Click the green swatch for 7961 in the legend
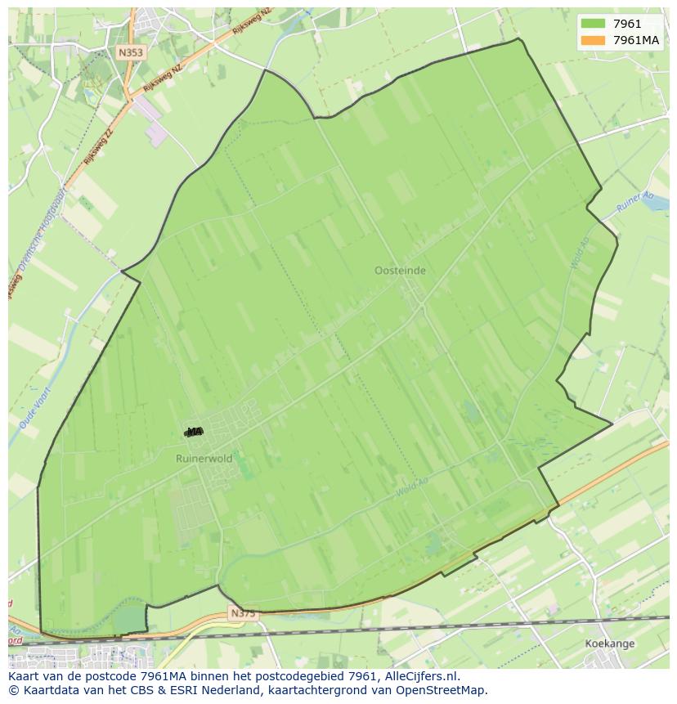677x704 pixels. click(x=593, y=24)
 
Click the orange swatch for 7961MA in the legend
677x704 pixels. click(x=593, y=40)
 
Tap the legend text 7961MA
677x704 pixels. click(x=636, y=40)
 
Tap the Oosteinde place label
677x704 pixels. click(x=400, y=271)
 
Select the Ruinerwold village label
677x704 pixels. click(x=204, y=459)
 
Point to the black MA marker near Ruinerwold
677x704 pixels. click(x=194, y=432)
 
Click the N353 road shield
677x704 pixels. click(x=130, y=52)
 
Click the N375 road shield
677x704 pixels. click(x=243, y=612)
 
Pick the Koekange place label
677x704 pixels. click(x=610, y=644)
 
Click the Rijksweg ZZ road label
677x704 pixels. click(x=97, y=146)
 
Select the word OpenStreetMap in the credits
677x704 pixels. click(x=446, y=690)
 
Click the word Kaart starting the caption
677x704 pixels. click(x=25, y=676)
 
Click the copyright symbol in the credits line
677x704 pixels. click(x=13, y=690)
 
